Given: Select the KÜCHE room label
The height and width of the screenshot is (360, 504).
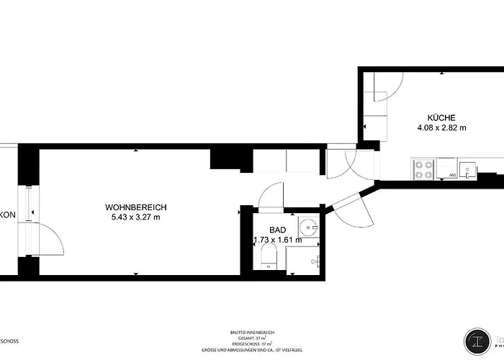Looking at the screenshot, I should (441, 118).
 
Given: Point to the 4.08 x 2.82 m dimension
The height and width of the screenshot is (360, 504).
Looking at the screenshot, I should (441, 128).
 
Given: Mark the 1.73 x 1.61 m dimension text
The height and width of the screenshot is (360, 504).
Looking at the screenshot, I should (277, 240).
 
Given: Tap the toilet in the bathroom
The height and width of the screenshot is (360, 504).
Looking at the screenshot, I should (269, 256).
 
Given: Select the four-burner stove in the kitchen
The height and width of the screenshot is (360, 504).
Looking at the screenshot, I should (423, 169).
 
